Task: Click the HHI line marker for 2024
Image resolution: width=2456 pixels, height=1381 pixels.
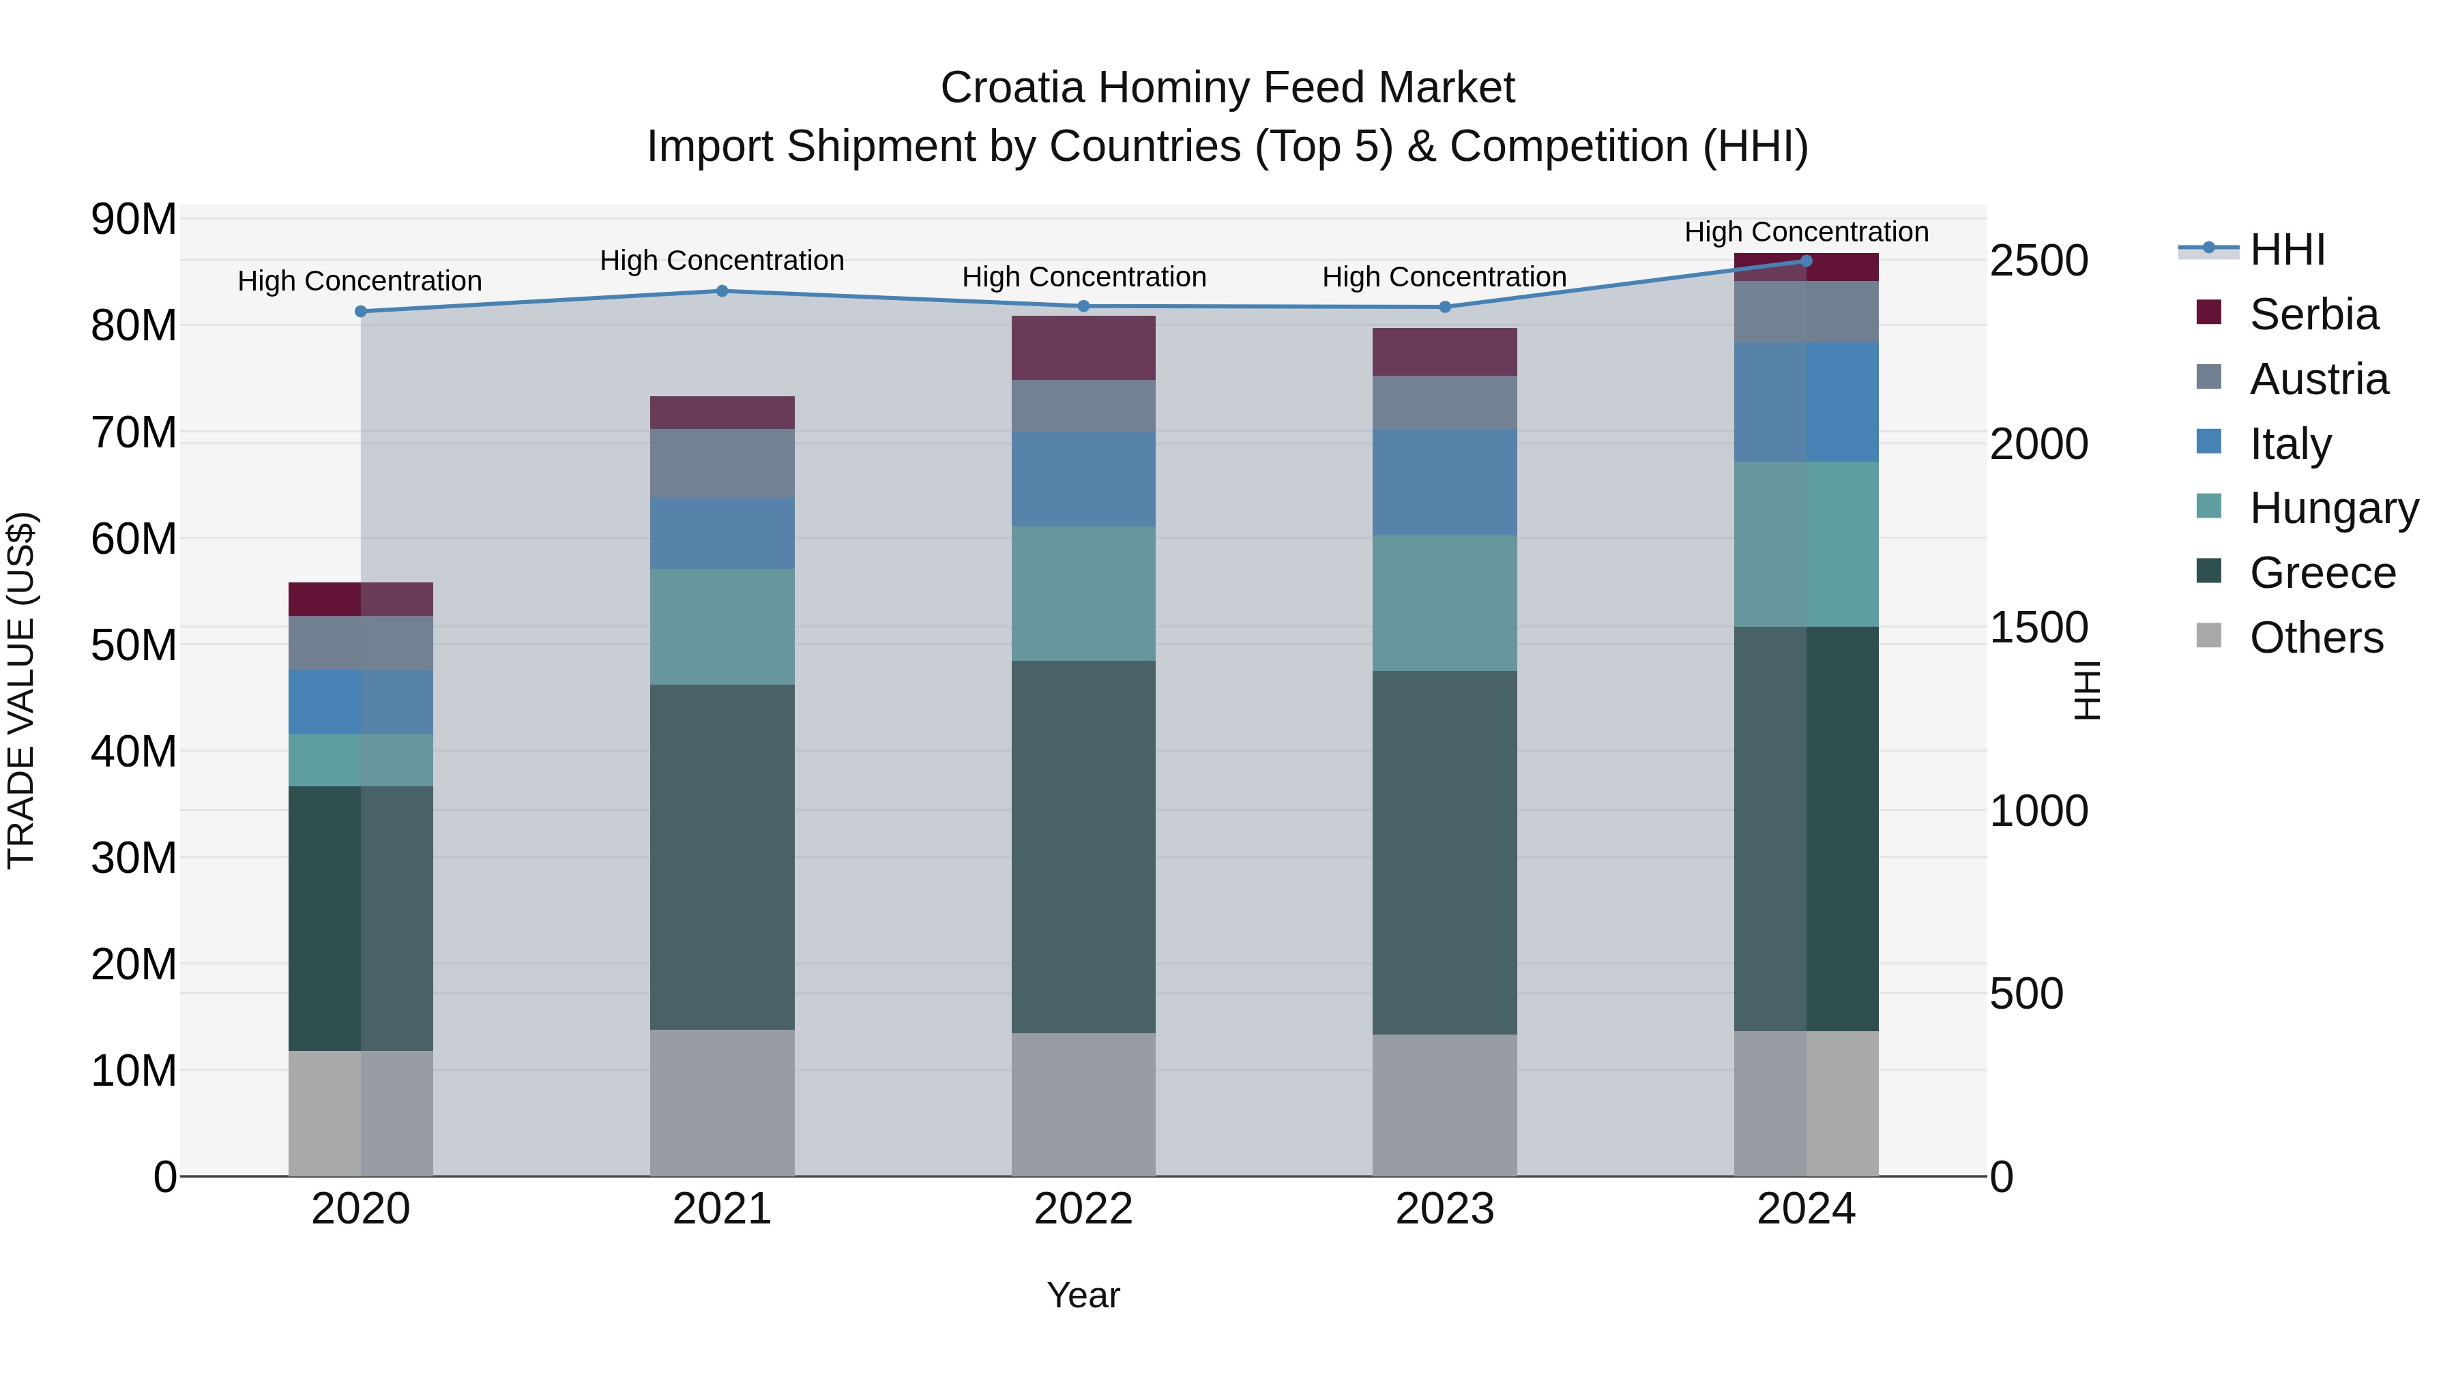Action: (1806, 261)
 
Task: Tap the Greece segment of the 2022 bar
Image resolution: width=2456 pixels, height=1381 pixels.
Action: (1083, 846)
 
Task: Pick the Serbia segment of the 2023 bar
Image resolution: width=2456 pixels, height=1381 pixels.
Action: (1444, 352)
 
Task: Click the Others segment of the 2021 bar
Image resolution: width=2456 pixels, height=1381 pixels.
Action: (722, 1102)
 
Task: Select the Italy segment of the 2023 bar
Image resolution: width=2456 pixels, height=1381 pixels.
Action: (1444, 481)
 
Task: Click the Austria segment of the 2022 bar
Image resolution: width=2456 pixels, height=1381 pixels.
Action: (1083, 405)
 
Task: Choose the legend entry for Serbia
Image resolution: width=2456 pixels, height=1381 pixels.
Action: (2313, 314)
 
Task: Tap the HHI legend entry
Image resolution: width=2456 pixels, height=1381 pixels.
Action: (2286, 250)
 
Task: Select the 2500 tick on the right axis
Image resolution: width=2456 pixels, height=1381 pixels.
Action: (2038, 261)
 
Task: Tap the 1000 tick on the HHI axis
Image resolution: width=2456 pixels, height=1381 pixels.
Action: (2038, 811)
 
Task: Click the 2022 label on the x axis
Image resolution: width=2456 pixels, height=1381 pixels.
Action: (1083, 1209)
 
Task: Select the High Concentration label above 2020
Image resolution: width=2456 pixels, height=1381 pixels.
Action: (360, 281)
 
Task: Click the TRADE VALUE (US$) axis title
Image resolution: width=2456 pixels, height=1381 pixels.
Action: (21, 690)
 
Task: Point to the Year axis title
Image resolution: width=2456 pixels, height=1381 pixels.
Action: (1083, 1295)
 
